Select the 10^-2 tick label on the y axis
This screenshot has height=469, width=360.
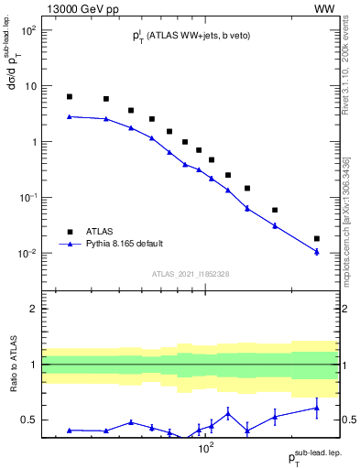click(27, 254)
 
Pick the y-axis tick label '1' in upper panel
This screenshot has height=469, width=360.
click(34, 142)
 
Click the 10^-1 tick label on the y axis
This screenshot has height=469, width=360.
click(27, 198)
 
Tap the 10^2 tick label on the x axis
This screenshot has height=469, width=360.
click(207, 450)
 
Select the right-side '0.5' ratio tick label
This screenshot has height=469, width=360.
click(350, 420)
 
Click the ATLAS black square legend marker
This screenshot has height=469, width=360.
click(70, 232)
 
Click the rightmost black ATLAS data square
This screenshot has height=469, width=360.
click(317, 238)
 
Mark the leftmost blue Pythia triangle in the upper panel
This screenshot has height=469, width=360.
click(70, 116)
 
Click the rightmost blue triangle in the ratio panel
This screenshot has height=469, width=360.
click(317, 409)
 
